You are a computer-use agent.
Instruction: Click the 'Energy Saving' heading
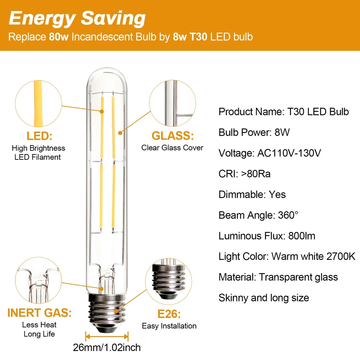(x=77, y=18)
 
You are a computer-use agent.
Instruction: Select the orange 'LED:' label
(x=39, y=136)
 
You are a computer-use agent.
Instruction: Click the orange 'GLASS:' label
(x=172, y=136)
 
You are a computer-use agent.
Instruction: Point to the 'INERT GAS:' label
(x=39, y=313)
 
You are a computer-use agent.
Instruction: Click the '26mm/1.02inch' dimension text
(x=107, y=348)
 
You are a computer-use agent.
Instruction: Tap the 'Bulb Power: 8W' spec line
(x=254, y=132)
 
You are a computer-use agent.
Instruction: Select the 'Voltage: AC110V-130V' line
(x=270, y=153)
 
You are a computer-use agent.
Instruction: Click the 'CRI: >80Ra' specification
(x=244, y=174)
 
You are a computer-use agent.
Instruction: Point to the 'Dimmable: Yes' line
(x=252, y=195)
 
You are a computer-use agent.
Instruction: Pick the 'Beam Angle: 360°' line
(x=258, y=215)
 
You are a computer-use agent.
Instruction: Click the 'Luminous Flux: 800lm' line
(x=267, y=236)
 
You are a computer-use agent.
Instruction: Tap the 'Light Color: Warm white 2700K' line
(x=287, y=256)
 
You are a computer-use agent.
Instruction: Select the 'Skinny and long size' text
(x=264, y=298)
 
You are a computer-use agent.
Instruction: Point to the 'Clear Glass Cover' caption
(x=172, y=148)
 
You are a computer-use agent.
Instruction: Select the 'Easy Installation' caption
(x=169, y=326)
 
